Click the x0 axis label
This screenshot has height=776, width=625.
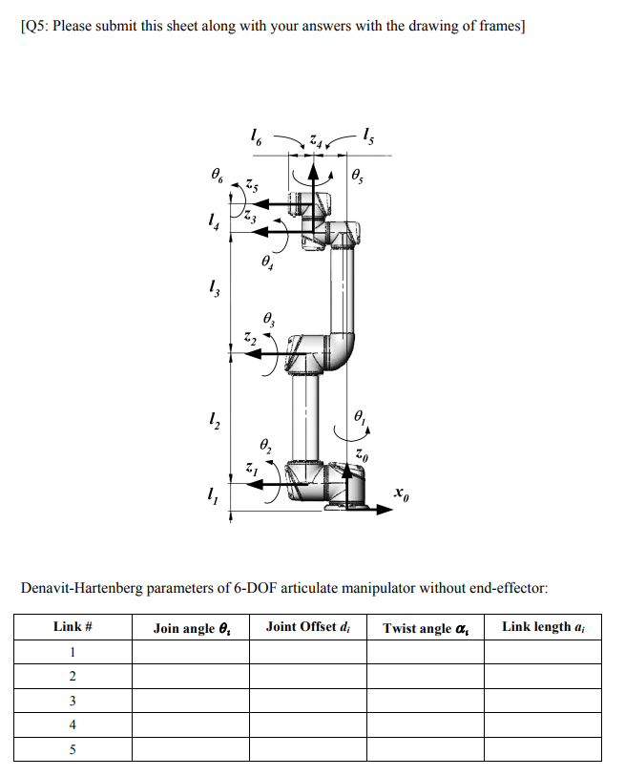[x=403, y=495]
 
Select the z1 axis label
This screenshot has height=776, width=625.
[x=251, y=469]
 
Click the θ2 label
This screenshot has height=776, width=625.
[x=266, y=446]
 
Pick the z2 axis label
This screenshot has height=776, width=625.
[x=248, y=338]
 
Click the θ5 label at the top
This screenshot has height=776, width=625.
[x=358, y=176]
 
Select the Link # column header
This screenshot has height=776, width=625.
[x=72, y=627]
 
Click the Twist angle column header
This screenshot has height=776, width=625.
[x=424, y=627]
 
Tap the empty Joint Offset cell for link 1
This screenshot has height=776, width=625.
[x=308, y=652]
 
